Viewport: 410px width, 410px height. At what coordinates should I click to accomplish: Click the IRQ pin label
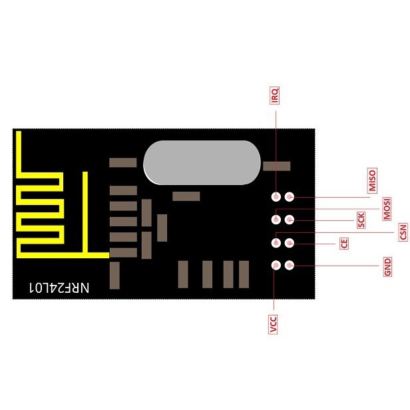pos(275,97)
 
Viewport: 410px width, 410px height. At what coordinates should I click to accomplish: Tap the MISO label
pos(372,180)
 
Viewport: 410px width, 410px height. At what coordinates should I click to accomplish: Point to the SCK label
pos(361,220)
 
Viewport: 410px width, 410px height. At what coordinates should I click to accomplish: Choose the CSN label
pos(403,232)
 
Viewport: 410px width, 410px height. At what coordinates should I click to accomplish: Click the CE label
pos(344,243)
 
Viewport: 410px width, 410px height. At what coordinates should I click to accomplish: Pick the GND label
pos(387,268)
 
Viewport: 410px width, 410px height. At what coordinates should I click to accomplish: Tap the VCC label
pos(273,325)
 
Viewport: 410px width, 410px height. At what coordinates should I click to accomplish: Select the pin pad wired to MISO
pos(290,197)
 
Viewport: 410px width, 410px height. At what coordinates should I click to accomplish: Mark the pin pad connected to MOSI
pos(276,219)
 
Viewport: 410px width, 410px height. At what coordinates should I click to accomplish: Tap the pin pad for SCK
pos(290,220)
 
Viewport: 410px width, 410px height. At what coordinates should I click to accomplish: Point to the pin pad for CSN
pos(276,242)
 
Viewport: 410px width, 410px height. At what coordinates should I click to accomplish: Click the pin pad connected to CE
pos(290,242)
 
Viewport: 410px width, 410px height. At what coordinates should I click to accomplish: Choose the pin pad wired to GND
pos(290,265)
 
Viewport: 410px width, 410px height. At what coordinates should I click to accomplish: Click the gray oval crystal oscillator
pos(200,162)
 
